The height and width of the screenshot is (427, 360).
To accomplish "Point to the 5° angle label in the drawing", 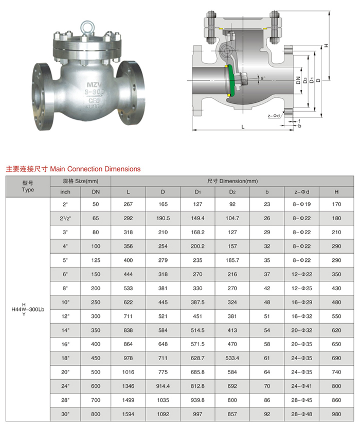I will point(263,79).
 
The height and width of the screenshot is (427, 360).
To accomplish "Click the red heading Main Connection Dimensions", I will point(73,168).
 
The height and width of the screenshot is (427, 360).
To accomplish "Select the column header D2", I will point(232,192).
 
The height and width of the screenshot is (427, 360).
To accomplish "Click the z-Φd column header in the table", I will point(302,192).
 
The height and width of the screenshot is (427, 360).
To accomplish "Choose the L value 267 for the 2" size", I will point(128,204).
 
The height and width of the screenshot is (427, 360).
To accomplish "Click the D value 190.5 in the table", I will point(163,218).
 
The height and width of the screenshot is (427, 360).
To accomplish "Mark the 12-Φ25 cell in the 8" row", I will point(302,288).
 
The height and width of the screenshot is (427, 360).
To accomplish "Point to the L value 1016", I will point(128,371).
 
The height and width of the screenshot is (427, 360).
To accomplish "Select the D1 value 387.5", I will point(197,302).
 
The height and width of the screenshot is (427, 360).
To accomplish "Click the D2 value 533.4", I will point(232,358).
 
